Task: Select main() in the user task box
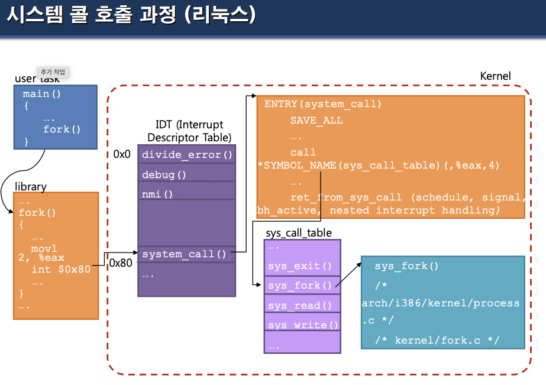click(x=42, y=94)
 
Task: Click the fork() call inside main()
click(x=62, y=129)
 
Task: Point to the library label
click(x=30, y=186)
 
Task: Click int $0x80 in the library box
click(x=61, y=269)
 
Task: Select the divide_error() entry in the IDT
click(x=186, y=155)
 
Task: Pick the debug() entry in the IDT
click(x=164, y=174)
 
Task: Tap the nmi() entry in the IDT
click(x=158, y=194)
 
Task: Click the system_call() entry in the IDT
click(x=184, y=254)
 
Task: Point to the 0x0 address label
click(x=122, y=154)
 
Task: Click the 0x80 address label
click(x=121, y=263)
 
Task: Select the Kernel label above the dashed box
click(x=495, y=76)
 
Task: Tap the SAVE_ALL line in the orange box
click(x=316, y=120)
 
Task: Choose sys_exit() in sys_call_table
click(x=300, y=266)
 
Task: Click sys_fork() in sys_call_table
click(x=300, y=286)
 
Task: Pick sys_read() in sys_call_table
click(x=300, y=306)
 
